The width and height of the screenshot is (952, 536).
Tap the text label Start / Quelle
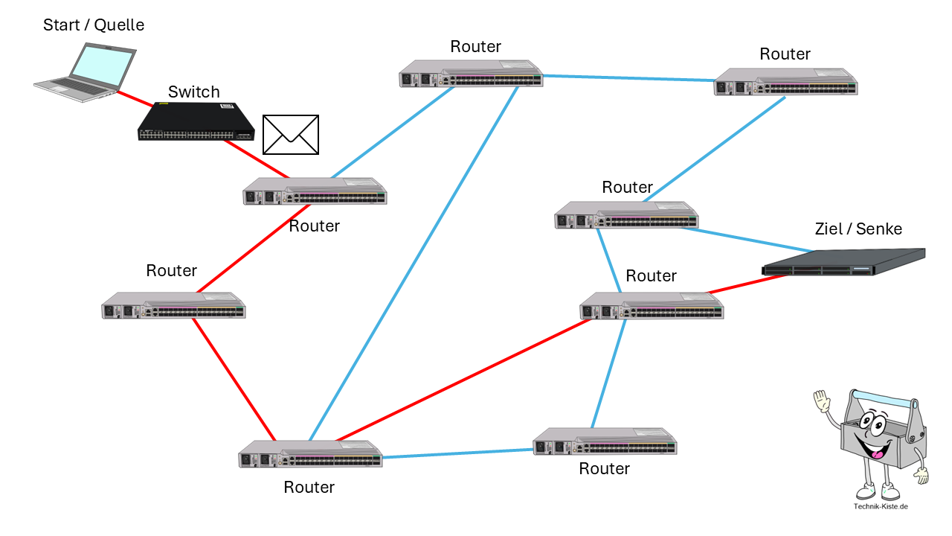tap(94, 25)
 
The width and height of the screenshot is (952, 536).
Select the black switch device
tap(196, 121)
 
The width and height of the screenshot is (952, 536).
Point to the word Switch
tap(194, 92)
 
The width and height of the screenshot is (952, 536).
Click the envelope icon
tap(291, 135)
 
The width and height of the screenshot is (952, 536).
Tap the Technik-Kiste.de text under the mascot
tap(881, 507)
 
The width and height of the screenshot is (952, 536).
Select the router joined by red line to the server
tap(652, 306)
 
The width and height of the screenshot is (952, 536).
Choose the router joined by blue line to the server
tap(626, 215)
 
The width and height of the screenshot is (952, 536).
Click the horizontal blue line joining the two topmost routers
tap(628, 77)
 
